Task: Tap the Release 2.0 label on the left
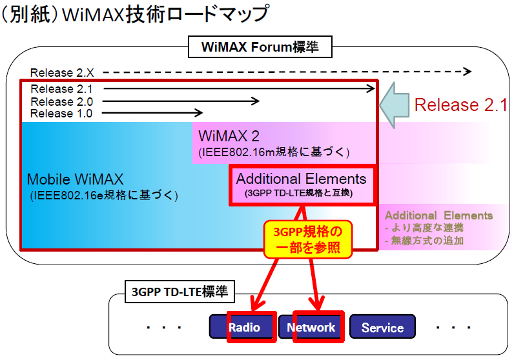[x=61, y=101]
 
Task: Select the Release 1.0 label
[x=61, y=113]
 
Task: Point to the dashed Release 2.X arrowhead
[x=468, y=72]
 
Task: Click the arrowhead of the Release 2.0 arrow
[x=256, y=101]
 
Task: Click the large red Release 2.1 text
[x=460, y=105]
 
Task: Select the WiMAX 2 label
[x=230, y=136]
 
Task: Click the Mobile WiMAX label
[x=75, y=179]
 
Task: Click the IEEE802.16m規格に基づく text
[x=274, y=152]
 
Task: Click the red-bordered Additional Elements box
[x=301, y=185]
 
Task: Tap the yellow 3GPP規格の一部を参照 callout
[x=307, y=239]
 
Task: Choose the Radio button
[x=244, y=327]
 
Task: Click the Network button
[x=311, y=327]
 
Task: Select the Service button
[x=382, y=328]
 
